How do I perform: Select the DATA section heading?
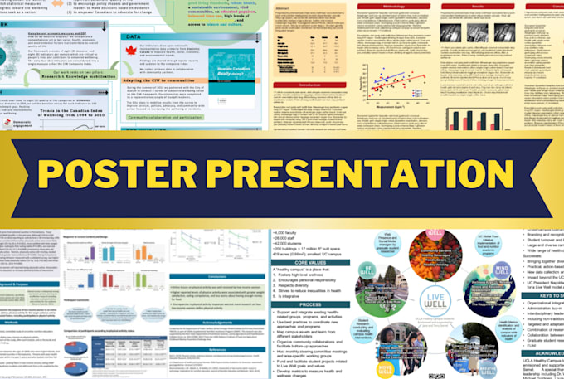[x=132, y=36]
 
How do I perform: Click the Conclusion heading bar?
[x=219, y=276]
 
